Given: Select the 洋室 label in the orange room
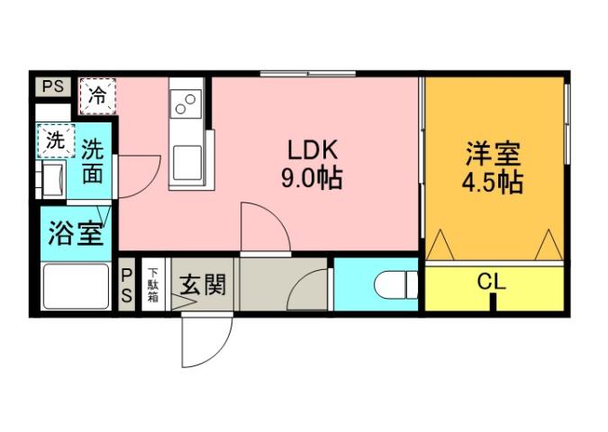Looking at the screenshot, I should coord(493,154).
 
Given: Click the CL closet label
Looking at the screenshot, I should coord(492,282).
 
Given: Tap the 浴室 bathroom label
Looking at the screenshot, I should coord(74,234).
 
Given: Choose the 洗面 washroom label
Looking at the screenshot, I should coord(92,162).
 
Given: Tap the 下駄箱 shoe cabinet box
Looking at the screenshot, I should coord(154,285).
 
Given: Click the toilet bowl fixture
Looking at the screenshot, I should coord(394,286).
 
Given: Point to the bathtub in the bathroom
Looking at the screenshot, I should coord(76,287).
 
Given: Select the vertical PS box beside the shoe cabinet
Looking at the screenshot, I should coord(127,285).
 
